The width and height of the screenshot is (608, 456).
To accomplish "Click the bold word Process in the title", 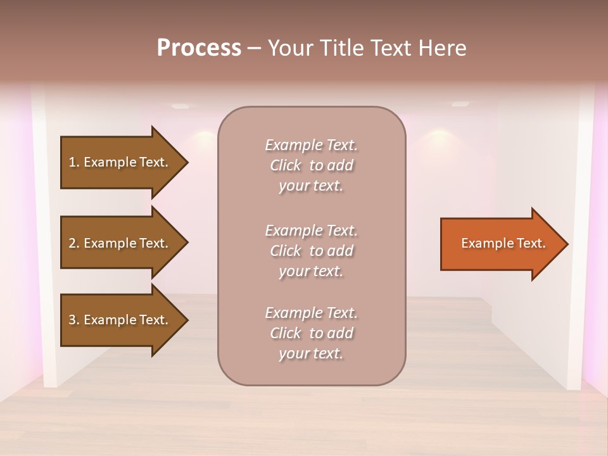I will click(x=199, y=48).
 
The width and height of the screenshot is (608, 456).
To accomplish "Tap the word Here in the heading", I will click(x=441, y=48).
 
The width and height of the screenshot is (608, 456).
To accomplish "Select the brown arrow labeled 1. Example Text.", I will click(x=120, y=162).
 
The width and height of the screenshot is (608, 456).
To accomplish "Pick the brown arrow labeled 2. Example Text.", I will click(x=120, y=243).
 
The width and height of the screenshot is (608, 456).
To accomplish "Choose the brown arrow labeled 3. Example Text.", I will click(x=120, y=320).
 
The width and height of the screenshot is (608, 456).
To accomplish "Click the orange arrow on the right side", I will click(x=500, y=244).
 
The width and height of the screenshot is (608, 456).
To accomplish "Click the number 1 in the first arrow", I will click(x=72, y=162).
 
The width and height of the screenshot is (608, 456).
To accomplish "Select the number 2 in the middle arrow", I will click(x=72, y=243).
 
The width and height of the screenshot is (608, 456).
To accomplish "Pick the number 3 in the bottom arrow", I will click(x=72, y=320).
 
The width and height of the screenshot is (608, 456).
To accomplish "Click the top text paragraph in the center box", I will click(x=311, y=165).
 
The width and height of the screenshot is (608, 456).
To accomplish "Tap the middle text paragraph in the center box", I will click(x=311, y=251).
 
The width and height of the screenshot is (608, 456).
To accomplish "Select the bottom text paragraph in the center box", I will click(x=311, y=333).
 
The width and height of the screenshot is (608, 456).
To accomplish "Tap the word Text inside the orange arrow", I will click(x=532, y=243).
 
